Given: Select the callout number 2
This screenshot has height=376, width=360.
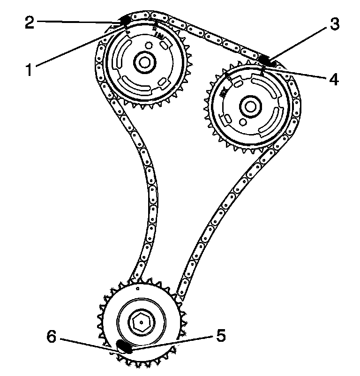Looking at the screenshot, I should point(30,22).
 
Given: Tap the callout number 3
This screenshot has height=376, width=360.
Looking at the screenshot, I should point(333,24).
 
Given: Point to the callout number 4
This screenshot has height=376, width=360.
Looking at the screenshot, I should point(333,79).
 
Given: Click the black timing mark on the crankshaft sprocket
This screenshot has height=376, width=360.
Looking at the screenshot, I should point(124,346).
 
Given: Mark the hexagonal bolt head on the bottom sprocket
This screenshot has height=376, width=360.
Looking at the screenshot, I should point(141,323).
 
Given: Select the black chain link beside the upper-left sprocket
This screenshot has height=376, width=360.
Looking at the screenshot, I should point(125,20).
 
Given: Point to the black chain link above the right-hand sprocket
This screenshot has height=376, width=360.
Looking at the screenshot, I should point(266,60).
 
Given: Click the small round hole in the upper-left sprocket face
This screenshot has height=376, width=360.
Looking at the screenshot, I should point(149,45).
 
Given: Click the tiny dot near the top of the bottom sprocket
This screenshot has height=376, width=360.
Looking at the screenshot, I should point(138,289).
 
